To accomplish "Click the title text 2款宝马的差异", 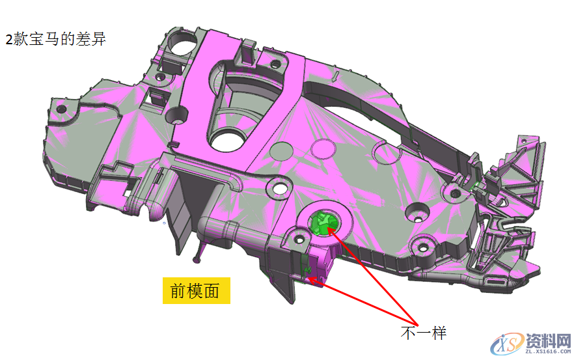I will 56,39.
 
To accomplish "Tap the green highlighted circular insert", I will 323,223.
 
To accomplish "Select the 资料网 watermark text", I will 548,340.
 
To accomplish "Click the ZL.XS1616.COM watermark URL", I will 548,352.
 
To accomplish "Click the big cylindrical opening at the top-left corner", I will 182,46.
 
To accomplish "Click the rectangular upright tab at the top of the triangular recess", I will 248,50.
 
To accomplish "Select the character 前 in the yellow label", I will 178,292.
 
